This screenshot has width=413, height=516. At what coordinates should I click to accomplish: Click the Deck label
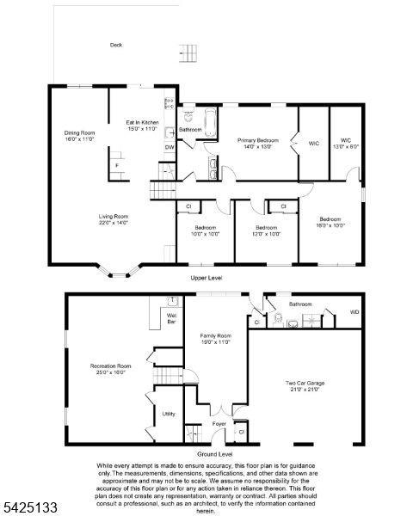click(115, 45)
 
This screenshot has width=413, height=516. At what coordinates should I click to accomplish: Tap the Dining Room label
click(79, 136)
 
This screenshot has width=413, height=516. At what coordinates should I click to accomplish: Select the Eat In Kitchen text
click(142, 126)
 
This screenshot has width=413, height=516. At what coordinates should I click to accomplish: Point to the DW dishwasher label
click(170, 147)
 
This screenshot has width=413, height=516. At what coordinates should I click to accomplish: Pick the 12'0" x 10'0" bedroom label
click(267, 230)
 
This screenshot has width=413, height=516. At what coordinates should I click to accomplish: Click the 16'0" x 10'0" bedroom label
click(330, 222)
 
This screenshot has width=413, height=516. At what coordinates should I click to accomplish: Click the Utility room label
click(169, 414)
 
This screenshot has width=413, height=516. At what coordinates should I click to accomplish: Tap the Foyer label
click(219, 423)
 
